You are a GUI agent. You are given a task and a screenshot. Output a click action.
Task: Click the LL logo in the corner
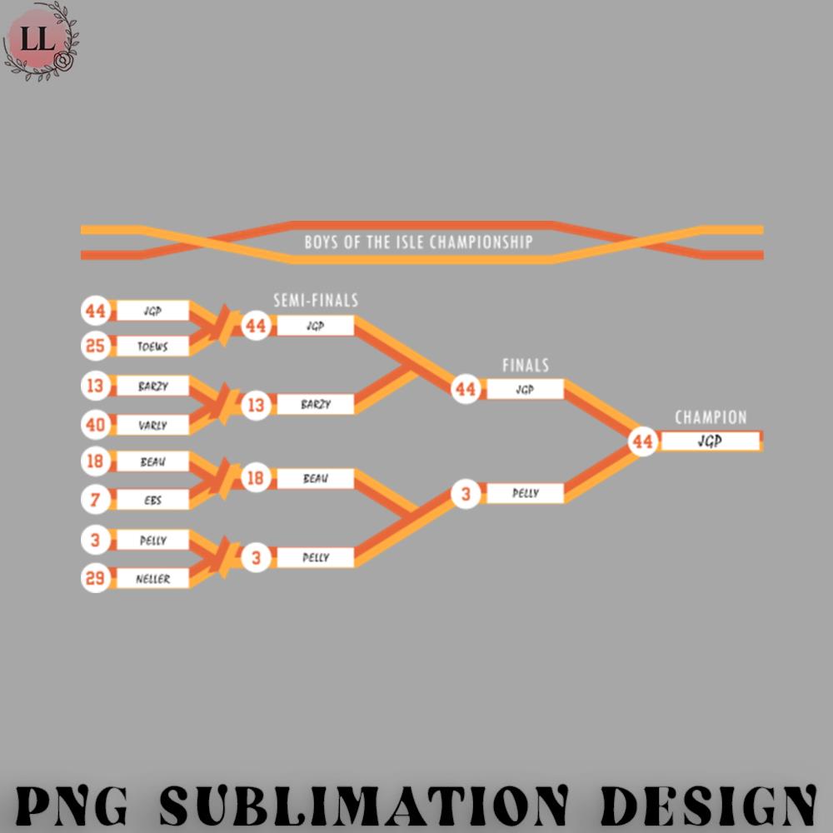coord(38,40)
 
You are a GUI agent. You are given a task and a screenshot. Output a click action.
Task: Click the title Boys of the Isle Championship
coord(418,243)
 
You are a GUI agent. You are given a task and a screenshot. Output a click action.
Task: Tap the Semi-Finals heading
coord(316,301)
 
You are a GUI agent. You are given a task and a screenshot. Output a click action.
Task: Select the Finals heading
coord(526,366)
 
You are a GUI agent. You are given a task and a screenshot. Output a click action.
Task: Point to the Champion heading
coord(711,417)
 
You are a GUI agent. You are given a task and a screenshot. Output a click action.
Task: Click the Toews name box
coord(152,346)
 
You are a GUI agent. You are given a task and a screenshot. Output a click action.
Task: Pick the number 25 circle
coord(96,345)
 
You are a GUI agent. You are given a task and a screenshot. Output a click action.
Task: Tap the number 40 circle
coord(96,425)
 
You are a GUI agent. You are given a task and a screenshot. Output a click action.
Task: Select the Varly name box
coord(152,426)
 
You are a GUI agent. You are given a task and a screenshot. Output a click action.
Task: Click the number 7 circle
coord(96,500)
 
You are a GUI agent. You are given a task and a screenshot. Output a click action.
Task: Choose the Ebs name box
coord(152,500)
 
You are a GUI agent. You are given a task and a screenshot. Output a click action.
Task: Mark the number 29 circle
coord(96,578)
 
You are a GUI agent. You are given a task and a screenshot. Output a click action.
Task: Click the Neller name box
coord(152,579)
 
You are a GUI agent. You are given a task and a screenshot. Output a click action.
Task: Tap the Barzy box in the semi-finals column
coord(316,405)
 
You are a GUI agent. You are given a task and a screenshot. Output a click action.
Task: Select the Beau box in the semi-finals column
coord(316,479)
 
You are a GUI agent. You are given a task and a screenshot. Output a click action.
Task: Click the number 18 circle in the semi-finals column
coord(257,479)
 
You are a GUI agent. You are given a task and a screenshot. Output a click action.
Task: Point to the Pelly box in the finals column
coord(526,493)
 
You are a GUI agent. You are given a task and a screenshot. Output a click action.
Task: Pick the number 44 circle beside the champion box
coord(642,441)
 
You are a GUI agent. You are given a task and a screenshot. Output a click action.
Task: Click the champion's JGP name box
coord(710,441)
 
